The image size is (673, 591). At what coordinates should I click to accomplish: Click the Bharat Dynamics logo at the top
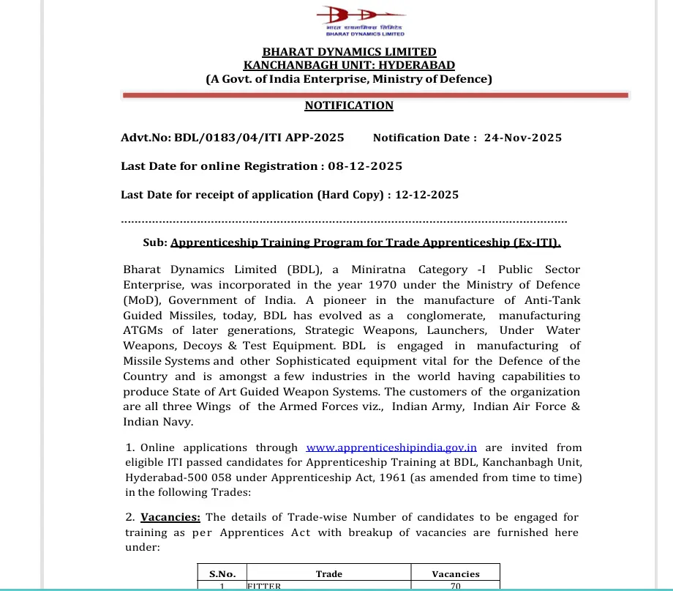pyautogui.click(x=350, y=21)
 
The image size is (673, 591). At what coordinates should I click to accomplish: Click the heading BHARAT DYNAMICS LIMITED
pyautogui.click(x=349, y=52)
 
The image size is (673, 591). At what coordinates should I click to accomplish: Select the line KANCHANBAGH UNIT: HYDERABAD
pyautogui.click(x=349, y=65)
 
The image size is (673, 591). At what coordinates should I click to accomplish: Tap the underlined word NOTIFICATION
pyautogui.click(x=349, y=105)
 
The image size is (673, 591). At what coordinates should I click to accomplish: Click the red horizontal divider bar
pyautogui.click(x=375, y=95)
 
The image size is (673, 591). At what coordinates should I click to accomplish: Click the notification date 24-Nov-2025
pyautogui.click(x=523, y=138)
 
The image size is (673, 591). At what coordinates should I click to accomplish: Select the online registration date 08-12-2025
pyautogui.click(x=365, y=166)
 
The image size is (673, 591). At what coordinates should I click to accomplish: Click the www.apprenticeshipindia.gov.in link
pyautogui.click(x=391, y=447)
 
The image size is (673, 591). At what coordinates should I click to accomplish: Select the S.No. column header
pyautogui.click(x=222, y=574)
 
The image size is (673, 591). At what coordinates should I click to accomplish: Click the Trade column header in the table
pyautogui.click(x=328, y=574)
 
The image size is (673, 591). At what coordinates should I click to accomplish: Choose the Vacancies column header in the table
pyautogui.click(x=455, y=574)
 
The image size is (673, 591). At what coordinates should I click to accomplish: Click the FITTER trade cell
pyautogui.click(x=264, y=586)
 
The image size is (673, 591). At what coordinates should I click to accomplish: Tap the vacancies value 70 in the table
pyautogui.click(x=455, y=586)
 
